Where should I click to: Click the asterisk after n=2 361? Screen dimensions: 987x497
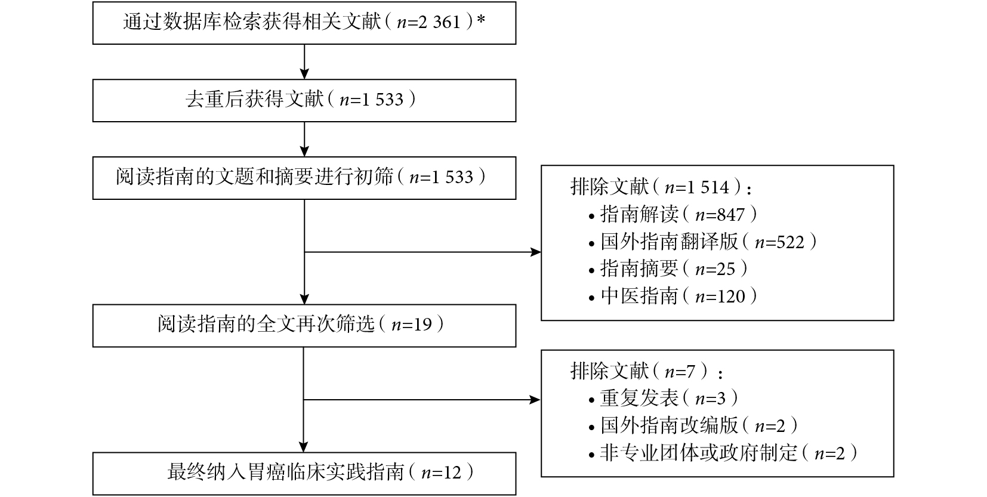pyautogui.click(x=481, y=19)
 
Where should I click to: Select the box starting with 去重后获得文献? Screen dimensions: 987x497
pyautogui.click(x=304, y=100)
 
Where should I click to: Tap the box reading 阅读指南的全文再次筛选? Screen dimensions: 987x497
pyautogui.click(x=304, y=326)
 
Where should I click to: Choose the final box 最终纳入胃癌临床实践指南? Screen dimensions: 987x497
pyautogui.click(x=304, y=474)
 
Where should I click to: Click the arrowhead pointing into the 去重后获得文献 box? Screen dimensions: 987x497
pyautogui.click(x=304, y=74)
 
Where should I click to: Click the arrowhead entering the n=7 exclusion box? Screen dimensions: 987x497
pyautogui.click(x=535, y=400)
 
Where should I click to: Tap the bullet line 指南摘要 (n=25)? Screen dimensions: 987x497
pyautogui.click(x=668, y=268)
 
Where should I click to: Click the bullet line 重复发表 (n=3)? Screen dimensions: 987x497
pyautogui.click(x=663, y=399)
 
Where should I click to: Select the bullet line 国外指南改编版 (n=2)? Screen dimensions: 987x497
pyautogui.click(x=693, y=425)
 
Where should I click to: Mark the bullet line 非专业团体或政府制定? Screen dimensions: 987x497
pyautogui.click(x=723, y=453)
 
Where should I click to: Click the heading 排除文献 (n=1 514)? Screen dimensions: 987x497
pyautogui.click(x=661, y=187)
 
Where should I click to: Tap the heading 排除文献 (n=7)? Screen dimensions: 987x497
pyautogui.click(x=646, y=372)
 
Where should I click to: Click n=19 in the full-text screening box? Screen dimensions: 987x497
pyautogui.click(x=412, y=325)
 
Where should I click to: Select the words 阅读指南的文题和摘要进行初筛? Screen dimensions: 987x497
pyautogui.click(x=254, y=177)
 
